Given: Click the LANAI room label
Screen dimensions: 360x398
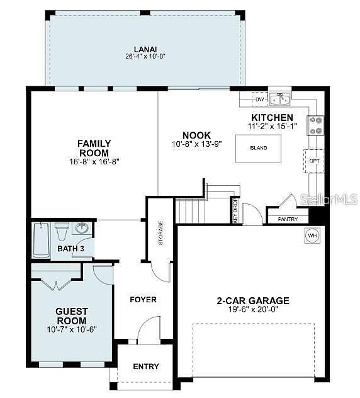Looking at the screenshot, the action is pyautogui.click(x=145, y=49).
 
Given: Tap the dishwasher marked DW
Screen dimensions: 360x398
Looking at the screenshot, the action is pyautogui.click(x=259, y=99).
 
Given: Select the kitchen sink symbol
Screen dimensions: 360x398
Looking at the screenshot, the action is pyautogui.click(x=280, y=99).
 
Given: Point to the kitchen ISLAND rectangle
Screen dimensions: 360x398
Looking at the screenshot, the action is pyautogui.click(x=258, y=148).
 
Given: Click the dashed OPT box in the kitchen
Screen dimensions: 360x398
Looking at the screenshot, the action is pyautogui.click(x=314, y=161).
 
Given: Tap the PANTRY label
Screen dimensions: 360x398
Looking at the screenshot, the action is pyautogui.click(x=288, y=219).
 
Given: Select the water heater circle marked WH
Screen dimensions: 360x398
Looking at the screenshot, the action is pyautogui.click(x=312, y=236).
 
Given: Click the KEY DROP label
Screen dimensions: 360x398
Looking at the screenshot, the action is pyautogui.click(x=235, y=210).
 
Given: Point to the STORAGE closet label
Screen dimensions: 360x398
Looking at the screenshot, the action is pyautogui.click(x=160, y=233).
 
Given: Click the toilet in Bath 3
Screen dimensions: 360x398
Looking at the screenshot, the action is pyautogui.click(x=62, y=232).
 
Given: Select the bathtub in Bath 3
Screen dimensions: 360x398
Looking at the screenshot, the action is pyautogui.click(x=42, y=240).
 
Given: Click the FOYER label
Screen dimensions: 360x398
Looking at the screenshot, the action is pyautogui.click(x=143, y=300).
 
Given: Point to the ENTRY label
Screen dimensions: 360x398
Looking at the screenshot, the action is pyautogui.click(x=146, y=367).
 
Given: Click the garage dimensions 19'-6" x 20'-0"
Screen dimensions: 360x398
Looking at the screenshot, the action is pyautogui.click(x=253, y=309).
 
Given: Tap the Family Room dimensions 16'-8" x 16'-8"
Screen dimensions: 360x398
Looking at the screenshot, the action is pyautogui.click(x=94, y=161).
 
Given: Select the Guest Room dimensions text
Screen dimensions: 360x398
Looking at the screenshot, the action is pyautogui.click(x=72, y=329).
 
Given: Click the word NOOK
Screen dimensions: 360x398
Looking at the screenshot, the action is pyautogui.click(x=196, y=135).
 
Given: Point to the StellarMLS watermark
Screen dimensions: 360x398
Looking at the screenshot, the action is pyautogui.click(x=329, y=200).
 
